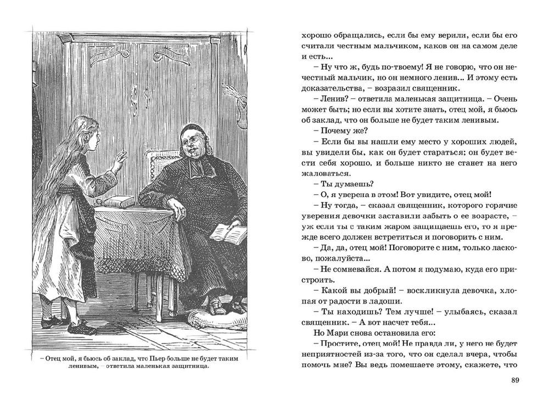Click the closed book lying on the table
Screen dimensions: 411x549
(120, 201)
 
